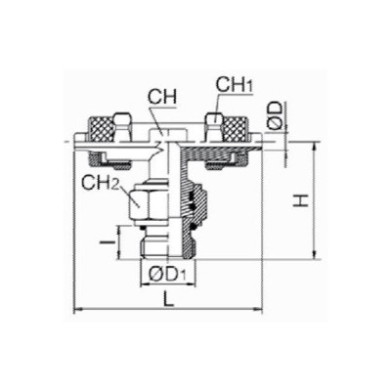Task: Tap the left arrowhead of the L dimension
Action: pos(78,312)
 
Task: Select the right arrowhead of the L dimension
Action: pos(261,312)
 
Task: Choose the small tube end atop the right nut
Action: pos(210,122)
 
